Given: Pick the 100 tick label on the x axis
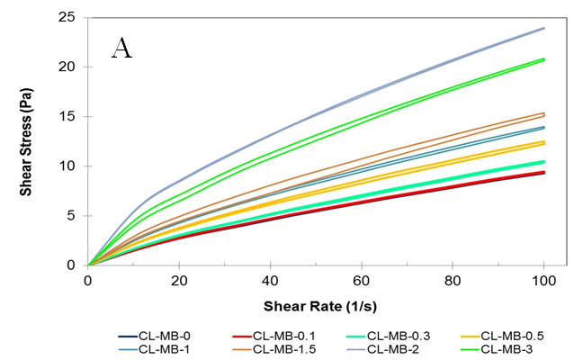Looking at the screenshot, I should [543, 279].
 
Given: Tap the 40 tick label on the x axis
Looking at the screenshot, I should [270, 279].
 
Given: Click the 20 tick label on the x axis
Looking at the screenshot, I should [179, 279].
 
